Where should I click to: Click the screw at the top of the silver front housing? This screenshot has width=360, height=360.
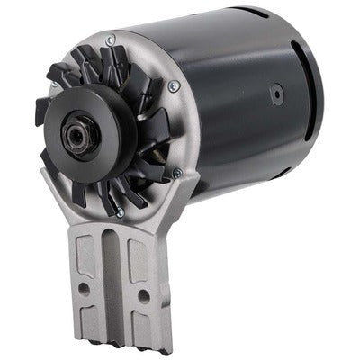(x=110, y=40)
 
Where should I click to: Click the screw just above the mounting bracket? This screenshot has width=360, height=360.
(x=119, y=212)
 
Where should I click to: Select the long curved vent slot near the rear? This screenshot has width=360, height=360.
(x=311, y=99)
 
